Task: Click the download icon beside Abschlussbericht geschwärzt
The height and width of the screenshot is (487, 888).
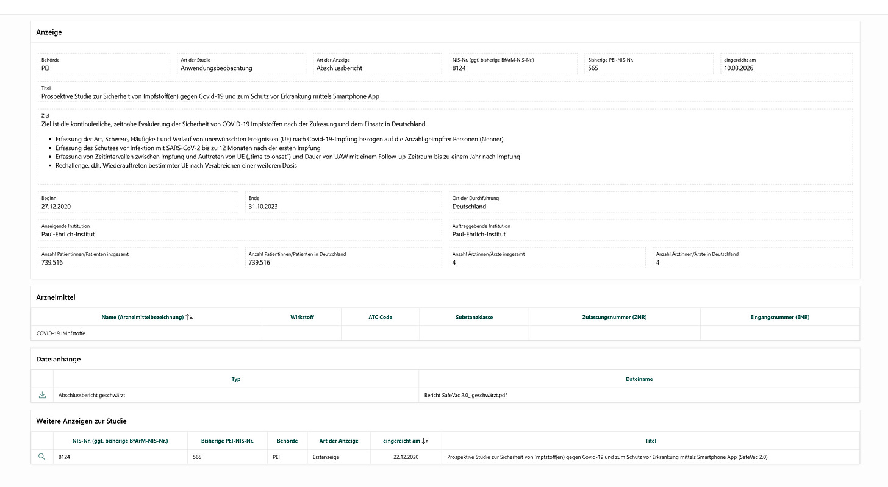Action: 42,395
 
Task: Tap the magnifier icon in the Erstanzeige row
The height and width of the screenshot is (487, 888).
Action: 42,457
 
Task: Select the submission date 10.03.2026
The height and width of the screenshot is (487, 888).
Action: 738,68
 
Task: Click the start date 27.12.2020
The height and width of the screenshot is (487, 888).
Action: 57,207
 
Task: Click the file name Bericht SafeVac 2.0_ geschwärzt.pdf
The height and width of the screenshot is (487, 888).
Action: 465,395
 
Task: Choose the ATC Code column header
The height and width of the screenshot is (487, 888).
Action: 380,317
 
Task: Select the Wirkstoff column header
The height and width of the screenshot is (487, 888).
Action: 302,317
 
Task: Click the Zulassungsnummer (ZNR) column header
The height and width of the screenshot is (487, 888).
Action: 614,317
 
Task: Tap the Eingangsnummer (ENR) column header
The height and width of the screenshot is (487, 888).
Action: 779,317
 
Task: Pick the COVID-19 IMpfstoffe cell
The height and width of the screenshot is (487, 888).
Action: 61,333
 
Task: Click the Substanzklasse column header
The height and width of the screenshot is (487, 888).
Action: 474,317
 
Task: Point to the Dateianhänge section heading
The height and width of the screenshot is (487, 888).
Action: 59,359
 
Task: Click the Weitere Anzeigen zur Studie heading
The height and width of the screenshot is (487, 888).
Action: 81,421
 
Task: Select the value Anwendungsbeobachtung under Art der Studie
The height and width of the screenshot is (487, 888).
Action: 216,68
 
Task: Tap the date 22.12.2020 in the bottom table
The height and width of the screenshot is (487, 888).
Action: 406,457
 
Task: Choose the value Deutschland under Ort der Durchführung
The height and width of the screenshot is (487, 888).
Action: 469,207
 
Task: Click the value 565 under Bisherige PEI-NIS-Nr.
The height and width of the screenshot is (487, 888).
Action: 593,68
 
